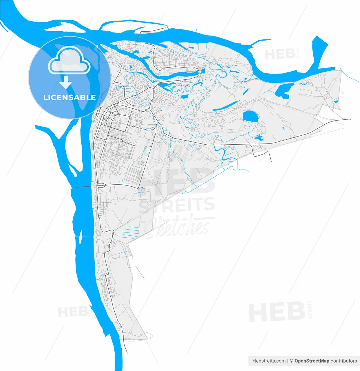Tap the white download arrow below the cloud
tap(66, 82)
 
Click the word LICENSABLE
tap(70, 97)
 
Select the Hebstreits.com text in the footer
tap(269, 361)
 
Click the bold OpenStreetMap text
tap(312, 361)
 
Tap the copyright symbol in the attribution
tap(292, 361)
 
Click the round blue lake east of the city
tap(250, 116)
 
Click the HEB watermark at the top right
tap(280, 54)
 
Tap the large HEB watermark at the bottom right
tap(277, 312)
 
